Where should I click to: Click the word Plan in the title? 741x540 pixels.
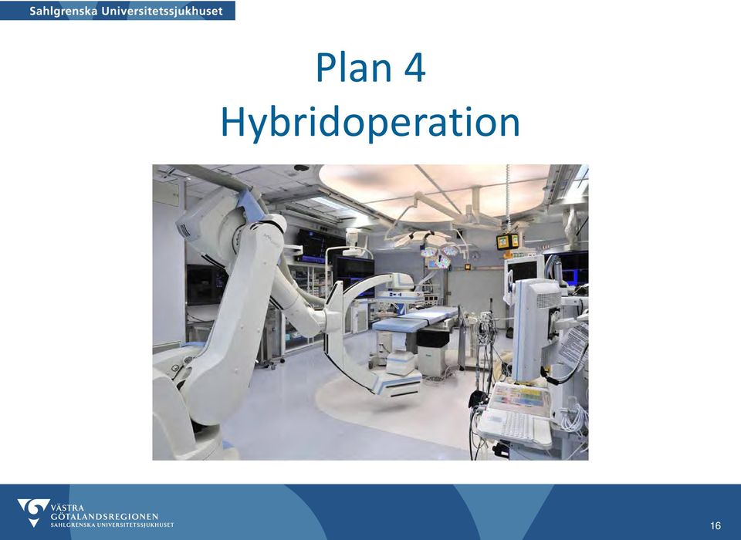[354, 67]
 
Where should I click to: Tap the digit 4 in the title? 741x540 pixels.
[415, 68]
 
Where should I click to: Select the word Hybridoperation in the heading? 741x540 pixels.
[370, 123]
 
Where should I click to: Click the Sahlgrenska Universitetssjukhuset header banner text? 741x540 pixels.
[126, 11]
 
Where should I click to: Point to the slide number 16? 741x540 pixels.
[715, 525]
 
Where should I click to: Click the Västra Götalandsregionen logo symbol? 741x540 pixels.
[33, 511]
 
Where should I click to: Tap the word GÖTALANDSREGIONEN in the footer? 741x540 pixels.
[104, 516]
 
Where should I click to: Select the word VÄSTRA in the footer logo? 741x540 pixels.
[68, 508]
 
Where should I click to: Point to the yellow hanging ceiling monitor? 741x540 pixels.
[507, 241]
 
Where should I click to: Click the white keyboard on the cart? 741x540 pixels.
[515, 427]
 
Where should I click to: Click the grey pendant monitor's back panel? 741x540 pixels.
[537, 329]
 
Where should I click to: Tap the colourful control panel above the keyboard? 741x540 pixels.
[519, 396]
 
